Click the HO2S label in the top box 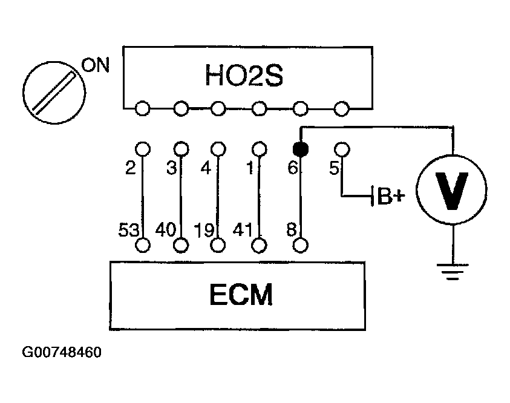tap(244, 75)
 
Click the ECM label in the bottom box tap(241, 295)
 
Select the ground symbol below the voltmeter tap(453, 272)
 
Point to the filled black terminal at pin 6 tap(301, 149)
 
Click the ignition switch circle tap(54, 93)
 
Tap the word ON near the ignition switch tap(96, 65)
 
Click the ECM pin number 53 tap(129, 229)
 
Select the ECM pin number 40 tap(166, 229)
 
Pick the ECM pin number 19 tap(204, 230)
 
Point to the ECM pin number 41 tap(243, 229)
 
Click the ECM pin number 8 tap(292, 229)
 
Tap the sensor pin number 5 tap(334, 168)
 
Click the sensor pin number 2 tap(131, 168)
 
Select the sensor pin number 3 tap(171, 168)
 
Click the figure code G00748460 tap(62, 352)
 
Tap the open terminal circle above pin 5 tap(342, 149)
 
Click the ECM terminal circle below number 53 tap(142, 245)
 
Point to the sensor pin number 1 tap(250, 168)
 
